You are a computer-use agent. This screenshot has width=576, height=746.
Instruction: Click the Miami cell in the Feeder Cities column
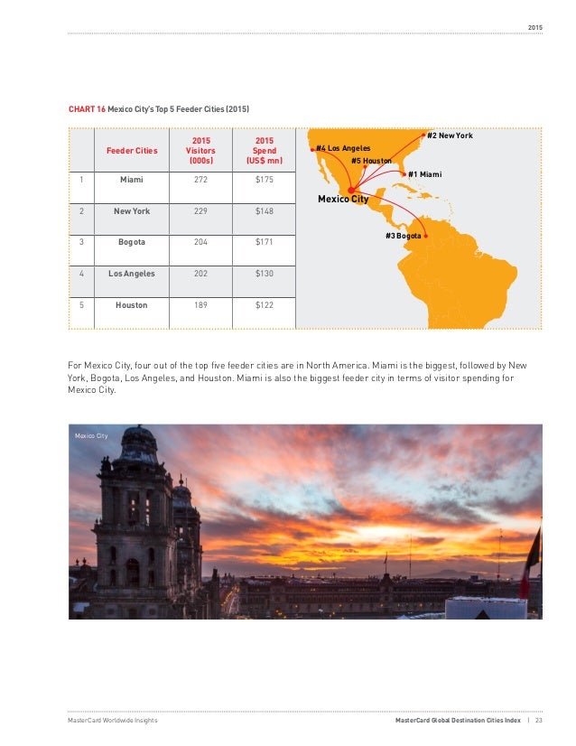132,179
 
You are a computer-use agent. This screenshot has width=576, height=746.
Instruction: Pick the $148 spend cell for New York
265,210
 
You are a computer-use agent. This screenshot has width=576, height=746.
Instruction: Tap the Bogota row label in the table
132,242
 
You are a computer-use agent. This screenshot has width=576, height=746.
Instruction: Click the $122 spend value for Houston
265,305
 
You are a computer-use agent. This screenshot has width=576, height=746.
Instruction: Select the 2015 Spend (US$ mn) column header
265,150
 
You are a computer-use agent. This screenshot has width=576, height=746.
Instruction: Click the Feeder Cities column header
132,150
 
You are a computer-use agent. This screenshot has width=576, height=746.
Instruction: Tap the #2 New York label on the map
450,135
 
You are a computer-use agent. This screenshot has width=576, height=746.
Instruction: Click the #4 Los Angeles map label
343,147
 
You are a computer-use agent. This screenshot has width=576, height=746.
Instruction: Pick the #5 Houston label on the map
371,160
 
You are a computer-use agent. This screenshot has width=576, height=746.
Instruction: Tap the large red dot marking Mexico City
352,189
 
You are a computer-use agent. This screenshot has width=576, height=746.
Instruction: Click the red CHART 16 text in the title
87,109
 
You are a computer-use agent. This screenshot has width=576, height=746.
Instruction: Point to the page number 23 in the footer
539,720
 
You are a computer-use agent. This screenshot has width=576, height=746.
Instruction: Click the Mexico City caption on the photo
91,435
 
